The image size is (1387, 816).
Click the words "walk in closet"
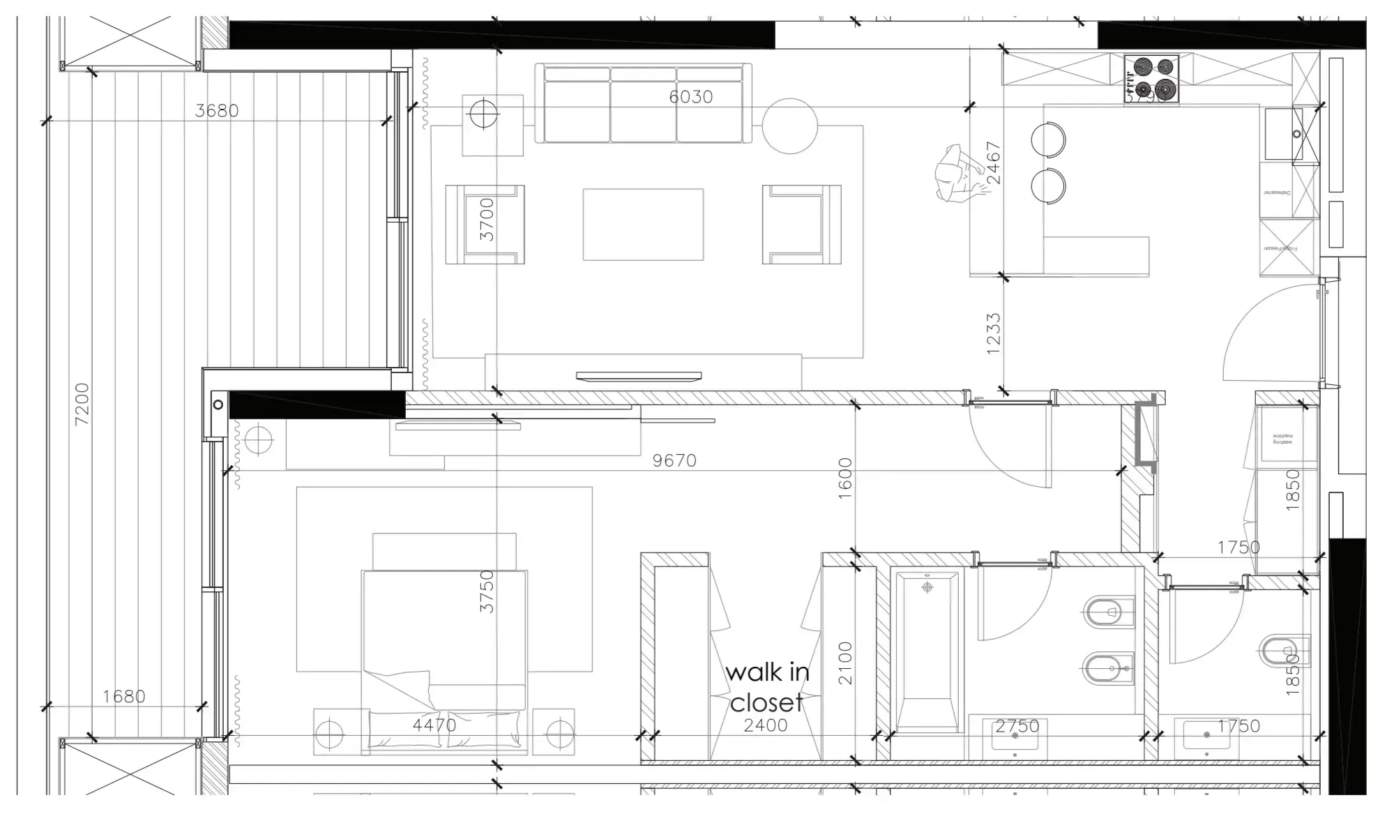click(x=767, y=687)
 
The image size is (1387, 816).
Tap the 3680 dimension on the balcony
click(x=216, y=110)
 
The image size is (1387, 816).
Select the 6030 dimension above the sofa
click(x=690, y=96)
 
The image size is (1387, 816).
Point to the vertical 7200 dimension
click(x=82, y=404)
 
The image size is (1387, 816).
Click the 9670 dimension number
click(x=674, y=460)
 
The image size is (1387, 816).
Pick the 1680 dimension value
click(x=123, y=696)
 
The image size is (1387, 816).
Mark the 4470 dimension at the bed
click(x=434, y=725)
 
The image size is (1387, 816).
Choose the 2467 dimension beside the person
click(x=994, y=163)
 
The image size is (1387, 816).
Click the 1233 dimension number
click(x=994, y=334)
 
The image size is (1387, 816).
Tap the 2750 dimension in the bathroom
click(x=1017, y=726)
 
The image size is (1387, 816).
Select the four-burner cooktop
click(x=1151, y=78)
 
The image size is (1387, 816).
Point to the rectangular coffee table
click(x=643, y=224)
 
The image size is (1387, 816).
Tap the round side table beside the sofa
click(x=789, y=126)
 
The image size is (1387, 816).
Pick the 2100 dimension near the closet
click(x=844, y=663)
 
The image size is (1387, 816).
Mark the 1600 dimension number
click(x=844, y=478)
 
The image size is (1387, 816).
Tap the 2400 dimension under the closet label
click(x=765, y=725)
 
